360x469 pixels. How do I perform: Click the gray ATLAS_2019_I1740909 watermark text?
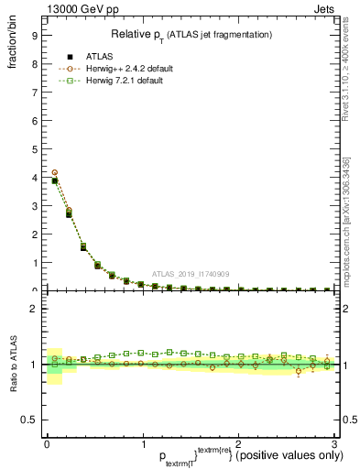(190, 274)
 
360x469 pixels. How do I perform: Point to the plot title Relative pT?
(191, 34)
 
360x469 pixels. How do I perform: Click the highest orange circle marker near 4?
(55, 172)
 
